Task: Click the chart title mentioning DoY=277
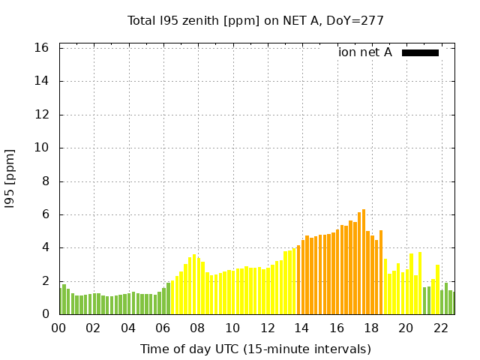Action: click(255, 20)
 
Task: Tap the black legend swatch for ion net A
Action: click(420, 52)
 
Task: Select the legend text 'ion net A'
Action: click(365, 52)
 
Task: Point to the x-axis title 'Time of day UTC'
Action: click(255, 349)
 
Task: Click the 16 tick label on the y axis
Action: click(42, 48)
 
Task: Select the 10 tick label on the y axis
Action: click(42, 148)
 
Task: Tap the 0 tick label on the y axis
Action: click(46, 314)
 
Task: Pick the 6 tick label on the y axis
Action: click(46, 214)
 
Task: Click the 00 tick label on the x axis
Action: click(58, 328)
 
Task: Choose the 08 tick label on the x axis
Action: click(197, 328)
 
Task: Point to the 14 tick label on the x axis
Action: click(301, 328)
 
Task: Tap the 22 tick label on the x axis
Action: click(440, 328)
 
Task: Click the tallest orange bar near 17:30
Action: click(364, 262)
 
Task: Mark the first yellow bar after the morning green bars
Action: click(172, 297)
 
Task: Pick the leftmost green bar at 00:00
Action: click(60, 301)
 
